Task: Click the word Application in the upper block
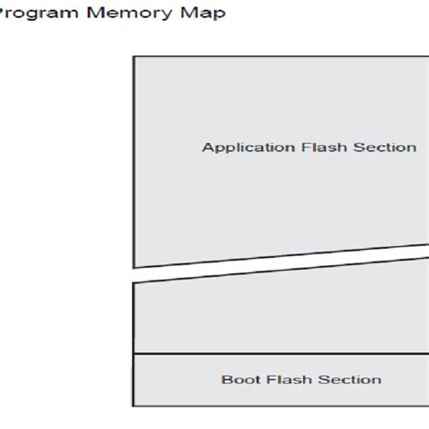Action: click(x=240, y=148)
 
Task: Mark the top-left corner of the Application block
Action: click(x=134, y=57)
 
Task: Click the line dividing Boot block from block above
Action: click(x=272, y=354)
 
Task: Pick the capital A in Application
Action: click(x=206, y=148)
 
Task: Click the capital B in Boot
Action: click(x=225, y=380)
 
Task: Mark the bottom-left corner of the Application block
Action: click(x=134, y=268)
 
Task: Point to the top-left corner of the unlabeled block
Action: click(x=134, y=283)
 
